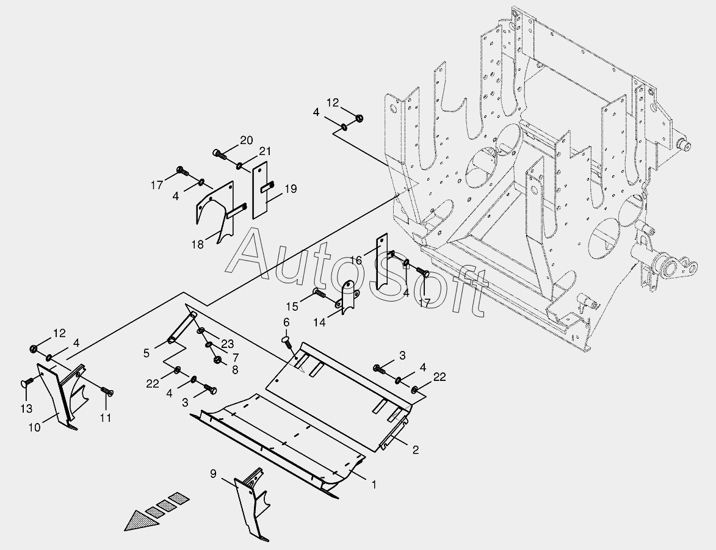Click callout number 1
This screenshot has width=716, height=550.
point(374,485)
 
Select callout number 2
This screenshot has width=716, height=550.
point(416,450)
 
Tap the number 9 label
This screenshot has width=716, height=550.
point(213,473)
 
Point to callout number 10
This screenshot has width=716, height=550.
point(34,428)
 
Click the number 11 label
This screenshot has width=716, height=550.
point(106,418)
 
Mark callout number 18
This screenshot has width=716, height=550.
point(197,245)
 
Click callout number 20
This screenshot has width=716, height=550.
point(246,140)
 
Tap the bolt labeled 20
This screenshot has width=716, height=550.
point(219,153)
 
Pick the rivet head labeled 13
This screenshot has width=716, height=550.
point(27,383)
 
